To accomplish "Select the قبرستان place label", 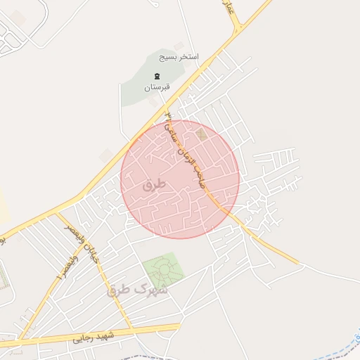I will coord(157,87).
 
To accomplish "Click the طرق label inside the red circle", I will coord(153,186).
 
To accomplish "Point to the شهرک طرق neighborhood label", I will coord(138,289).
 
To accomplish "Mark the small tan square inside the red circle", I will coord(202,134).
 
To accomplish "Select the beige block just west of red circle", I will coord(106,155).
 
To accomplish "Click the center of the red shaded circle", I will coord(180,179).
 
